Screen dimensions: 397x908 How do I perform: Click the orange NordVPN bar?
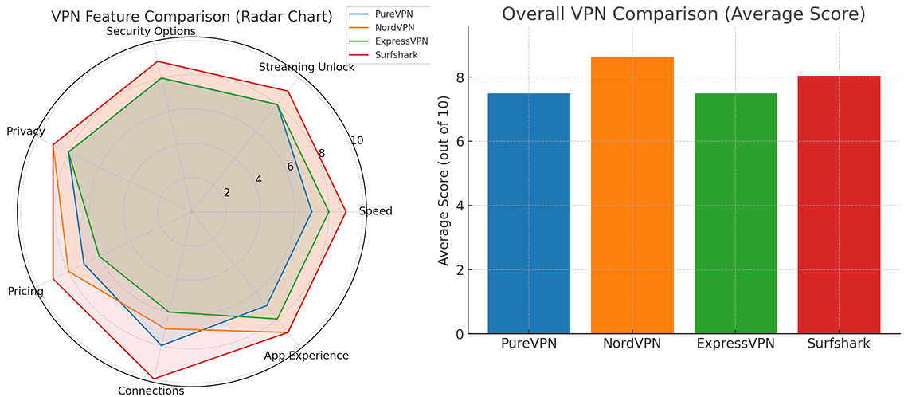(x=632, y=195)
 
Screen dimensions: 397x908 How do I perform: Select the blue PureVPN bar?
(x=528, y=214)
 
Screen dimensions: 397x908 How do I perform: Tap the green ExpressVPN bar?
(x=735, y=214)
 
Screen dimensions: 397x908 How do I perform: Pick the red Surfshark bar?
(x=838, y=205)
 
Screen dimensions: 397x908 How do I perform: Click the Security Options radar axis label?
(x=151, y=31)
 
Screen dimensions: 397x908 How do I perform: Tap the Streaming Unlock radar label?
(x=307, y=67)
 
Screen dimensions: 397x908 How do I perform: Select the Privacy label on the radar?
(x=25, y=132)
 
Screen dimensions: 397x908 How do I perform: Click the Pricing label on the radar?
(x=25, y=291)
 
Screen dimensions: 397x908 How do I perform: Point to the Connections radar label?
(x=151, y=391)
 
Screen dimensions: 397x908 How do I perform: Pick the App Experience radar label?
(x=306, y=356)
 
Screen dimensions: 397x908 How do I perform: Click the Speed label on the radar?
(x=376, y=211)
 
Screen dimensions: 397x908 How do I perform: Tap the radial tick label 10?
(x=356, y=140)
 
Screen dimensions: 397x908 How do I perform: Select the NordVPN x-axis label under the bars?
(x=632, y=344)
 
